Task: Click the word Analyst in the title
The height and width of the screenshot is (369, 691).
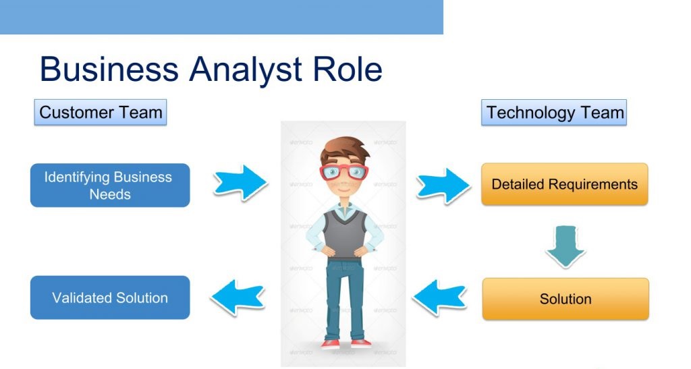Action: tap(246, 69)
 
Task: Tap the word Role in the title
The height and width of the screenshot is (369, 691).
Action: tap(348, 69)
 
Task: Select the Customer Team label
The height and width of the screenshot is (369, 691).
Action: tap(101, 112)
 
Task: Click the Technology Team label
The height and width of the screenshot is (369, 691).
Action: tap(554, 112)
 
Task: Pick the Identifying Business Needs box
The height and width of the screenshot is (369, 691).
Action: tap(110, 186)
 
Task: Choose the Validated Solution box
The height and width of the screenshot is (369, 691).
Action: tap(110, 297)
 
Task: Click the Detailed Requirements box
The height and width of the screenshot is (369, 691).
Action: tap(565, 184)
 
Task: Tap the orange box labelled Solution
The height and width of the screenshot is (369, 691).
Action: tap(565, 299)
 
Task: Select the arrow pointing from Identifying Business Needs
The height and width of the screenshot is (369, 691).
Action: tap(241, 183)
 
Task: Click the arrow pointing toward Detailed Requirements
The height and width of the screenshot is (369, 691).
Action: tap(443, 186)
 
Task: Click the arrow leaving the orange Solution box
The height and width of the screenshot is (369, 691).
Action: tap(439, 297)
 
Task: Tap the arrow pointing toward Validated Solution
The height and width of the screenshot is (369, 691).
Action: tap(238, 297)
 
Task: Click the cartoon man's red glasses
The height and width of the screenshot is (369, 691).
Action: tap(344, 172)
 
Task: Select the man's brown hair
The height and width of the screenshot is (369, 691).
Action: tap(345, 150)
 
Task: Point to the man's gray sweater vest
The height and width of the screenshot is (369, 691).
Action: tap(345, 233)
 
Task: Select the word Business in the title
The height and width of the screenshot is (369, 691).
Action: tap(109, 69)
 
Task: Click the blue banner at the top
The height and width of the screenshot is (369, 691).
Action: tap(221, 17)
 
